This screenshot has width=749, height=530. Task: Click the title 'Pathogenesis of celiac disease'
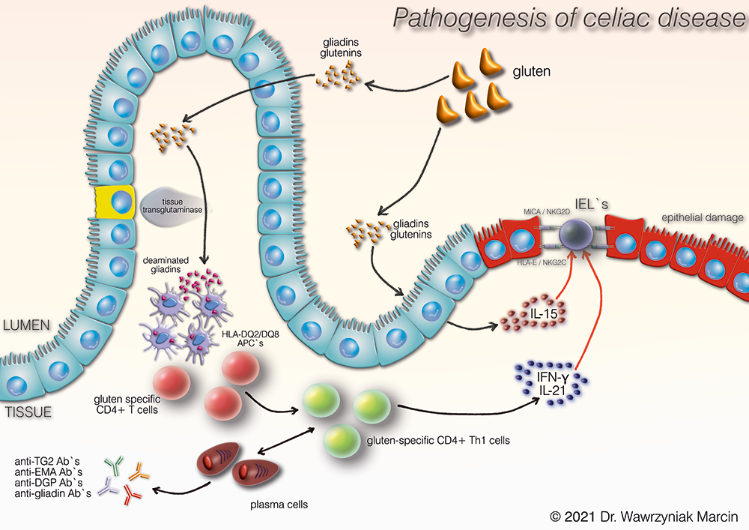(x=569, y=19)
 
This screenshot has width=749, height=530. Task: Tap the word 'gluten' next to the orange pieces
(x=532, y=73)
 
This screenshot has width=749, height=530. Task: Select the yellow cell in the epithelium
(x=113, y=202)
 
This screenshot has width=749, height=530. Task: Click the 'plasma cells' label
(x=279, y=505)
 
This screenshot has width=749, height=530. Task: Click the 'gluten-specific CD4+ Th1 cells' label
(x=437, y=440)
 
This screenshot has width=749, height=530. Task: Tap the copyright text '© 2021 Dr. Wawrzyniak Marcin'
(x=644, y=517)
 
